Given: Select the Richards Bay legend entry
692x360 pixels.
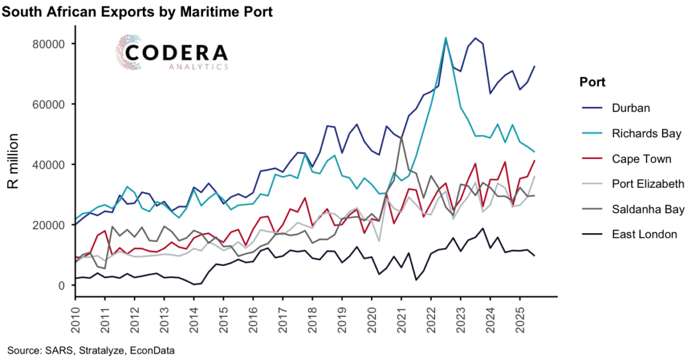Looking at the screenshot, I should tap(645, 133).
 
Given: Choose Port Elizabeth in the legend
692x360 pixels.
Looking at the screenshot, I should tap(648, 184).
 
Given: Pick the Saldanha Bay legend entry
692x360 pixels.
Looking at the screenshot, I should tap(648, 209).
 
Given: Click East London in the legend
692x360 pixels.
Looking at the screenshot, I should tap(644, 234).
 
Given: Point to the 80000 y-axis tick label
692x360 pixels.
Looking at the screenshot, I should tap(51, 44).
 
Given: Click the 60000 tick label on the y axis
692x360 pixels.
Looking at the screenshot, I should tap(51, 104).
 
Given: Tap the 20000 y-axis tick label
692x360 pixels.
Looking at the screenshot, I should tap(51, 225).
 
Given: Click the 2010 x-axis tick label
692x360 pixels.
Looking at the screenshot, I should tap(75, 318).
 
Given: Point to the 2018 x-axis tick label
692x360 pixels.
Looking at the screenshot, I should tap(312, 318).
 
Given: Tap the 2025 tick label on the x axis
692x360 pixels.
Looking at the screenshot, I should tap(520, 318).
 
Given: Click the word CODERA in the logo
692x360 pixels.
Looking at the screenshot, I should tap(176, 52).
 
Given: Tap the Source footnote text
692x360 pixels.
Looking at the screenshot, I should tap(91, 350).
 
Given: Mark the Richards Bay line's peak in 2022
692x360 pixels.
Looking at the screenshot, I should tap(445, 38).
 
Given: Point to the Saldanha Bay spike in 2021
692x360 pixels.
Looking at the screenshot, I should tap(401, 138).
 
